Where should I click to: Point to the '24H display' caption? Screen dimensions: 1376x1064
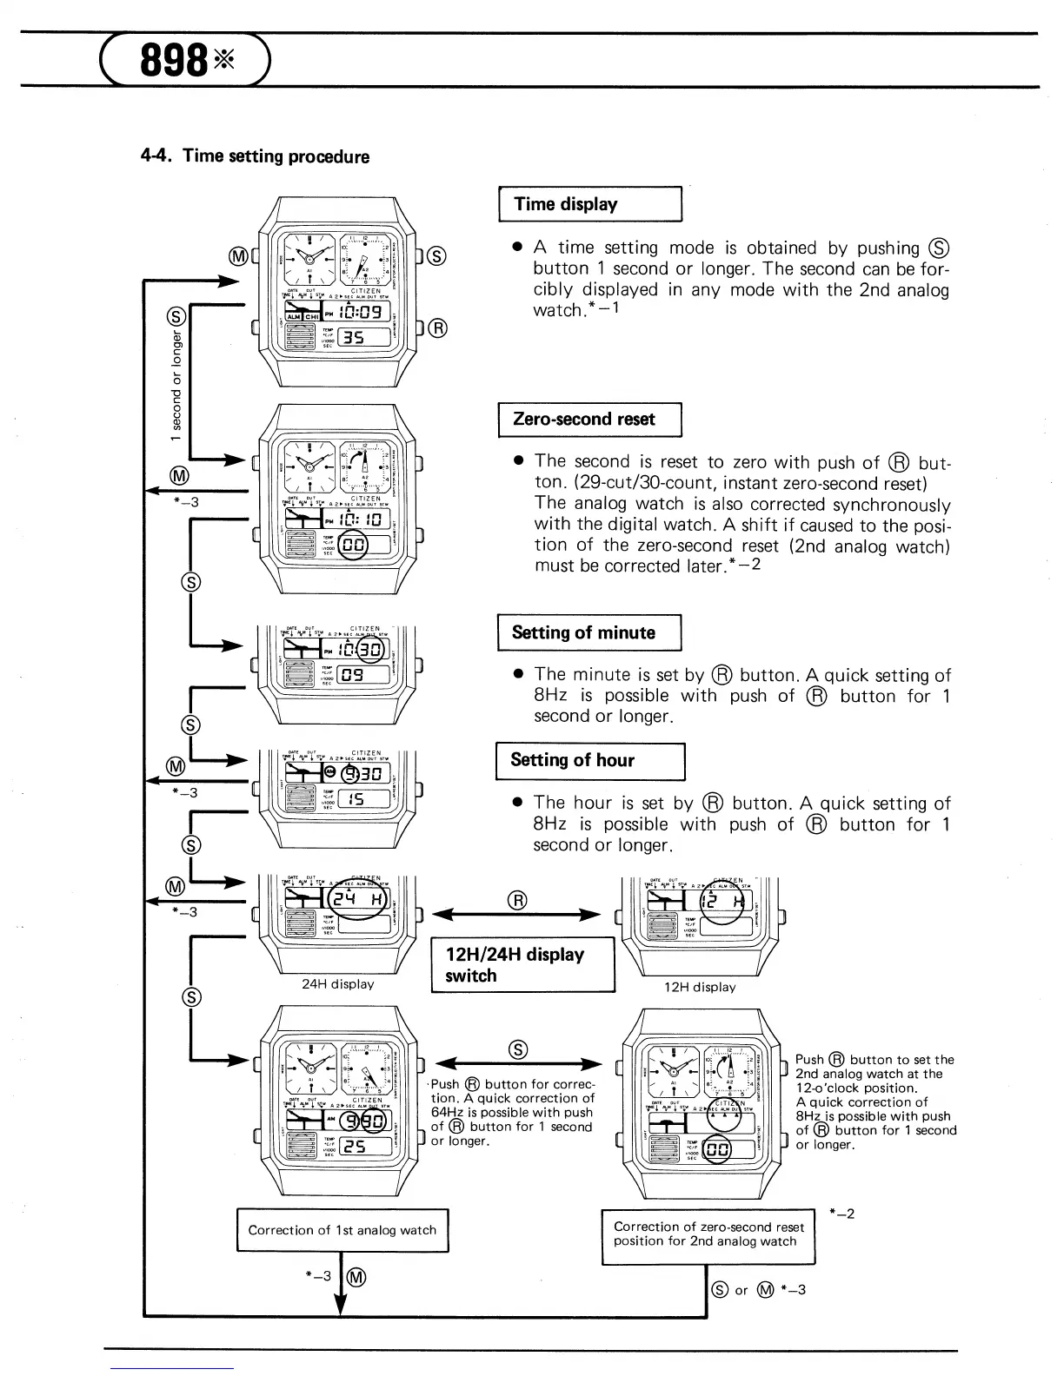tap(337, 984)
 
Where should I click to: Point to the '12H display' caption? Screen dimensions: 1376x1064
tap(700, 987)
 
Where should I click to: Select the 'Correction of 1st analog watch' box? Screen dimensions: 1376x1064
tap(342, 1230)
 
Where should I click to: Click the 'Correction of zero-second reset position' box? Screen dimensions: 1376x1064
tap(708, 1234)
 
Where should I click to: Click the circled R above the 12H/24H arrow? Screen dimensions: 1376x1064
tap(517, 900)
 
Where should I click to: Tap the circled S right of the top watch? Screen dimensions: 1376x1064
tap(438, 255)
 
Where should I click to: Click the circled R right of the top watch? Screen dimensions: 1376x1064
tap(438, 327)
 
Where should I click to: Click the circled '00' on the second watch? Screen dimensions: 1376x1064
tap(353, 546)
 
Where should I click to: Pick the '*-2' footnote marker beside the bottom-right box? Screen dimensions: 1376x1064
tap(841, 1214)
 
